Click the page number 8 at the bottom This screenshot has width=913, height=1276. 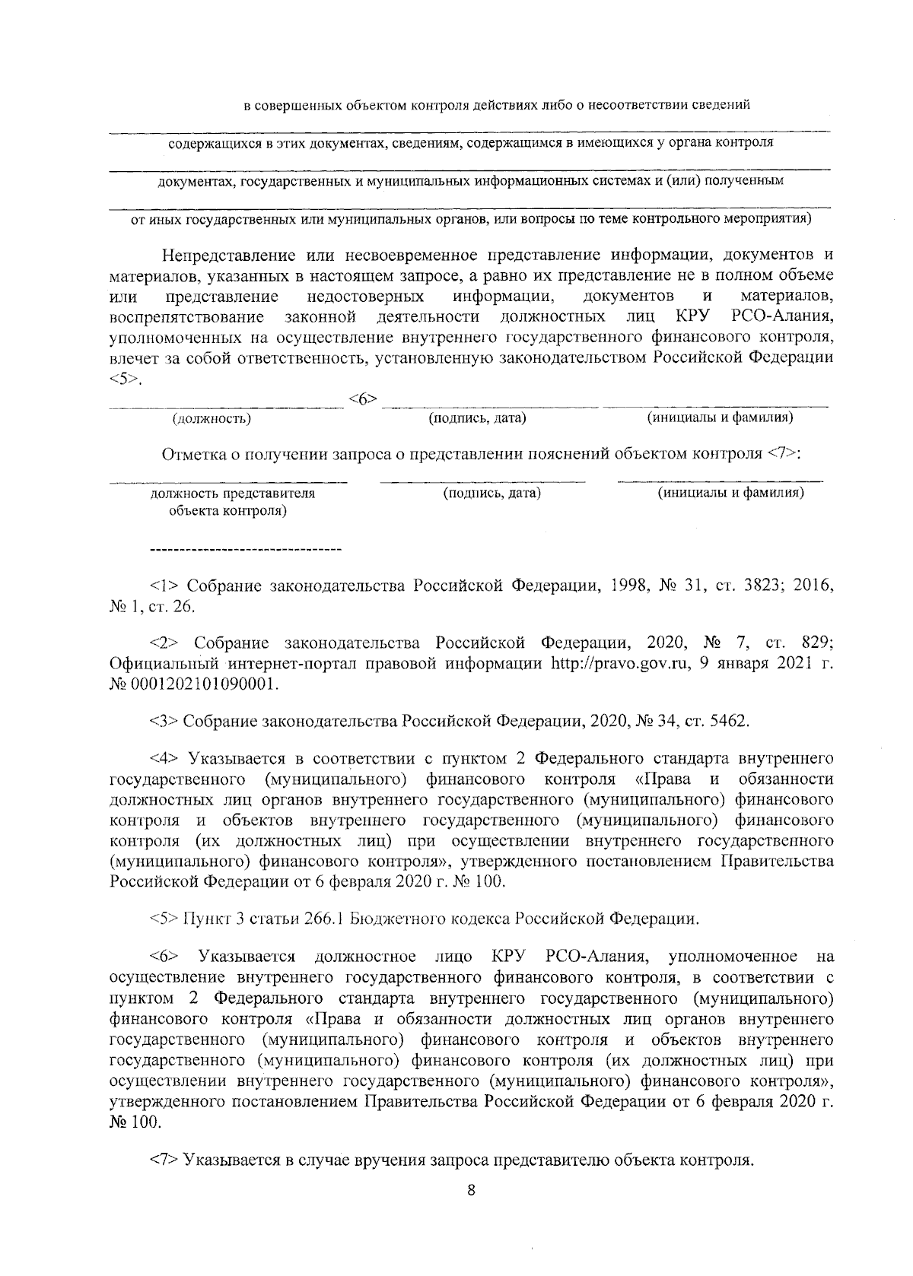point(471,1190)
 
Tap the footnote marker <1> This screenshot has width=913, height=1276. point(164,586)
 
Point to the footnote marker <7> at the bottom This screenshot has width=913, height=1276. point(164,1160)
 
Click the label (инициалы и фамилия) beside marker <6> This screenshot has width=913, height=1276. point(721,417)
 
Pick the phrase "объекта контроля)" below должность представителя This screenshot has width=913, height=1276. point(227,510)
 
